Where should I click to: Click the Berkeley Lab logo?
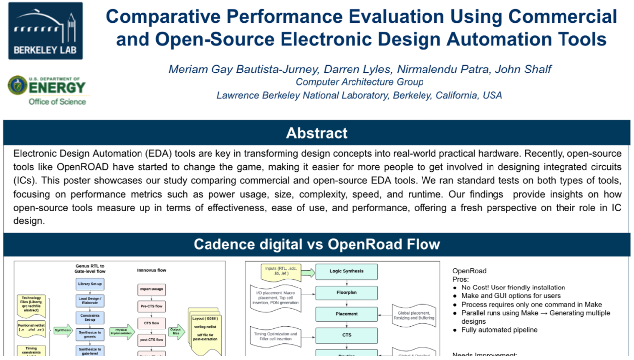[46, 31]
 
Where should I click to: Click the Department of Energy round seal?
[18, 85]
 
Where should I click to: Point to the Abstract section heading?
[317, 133]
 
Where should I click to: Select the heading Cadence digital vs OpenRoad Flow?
[317, 244]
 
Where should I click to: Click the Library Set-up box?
[90, 284]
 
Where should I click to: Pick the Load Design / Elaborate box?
[90, 301]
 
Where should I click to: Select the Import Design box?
[151, 289]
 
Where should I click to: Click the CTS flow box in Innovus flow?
[151, 323]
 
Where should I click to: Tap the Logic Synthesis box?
[347, 271]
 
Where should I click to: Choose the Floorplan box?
[347, 292]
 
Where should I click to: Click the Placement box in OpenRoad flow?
[347, 314]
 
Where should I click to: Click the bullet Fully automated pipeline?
[499, 330]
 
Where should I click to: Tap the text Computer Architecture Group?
[359, 82]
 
